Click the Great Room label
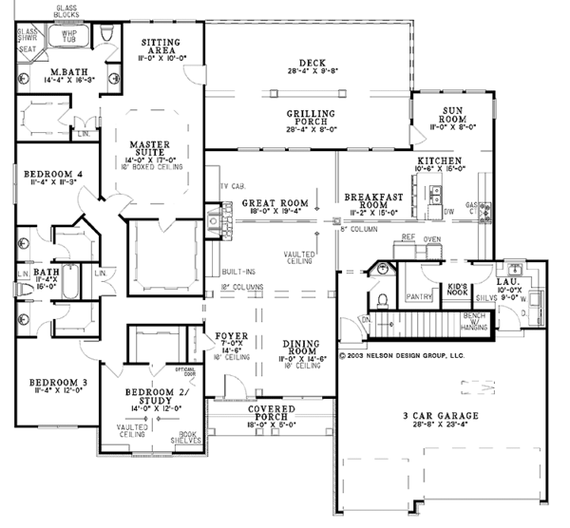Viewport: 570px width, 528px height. tap(274, 203)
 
